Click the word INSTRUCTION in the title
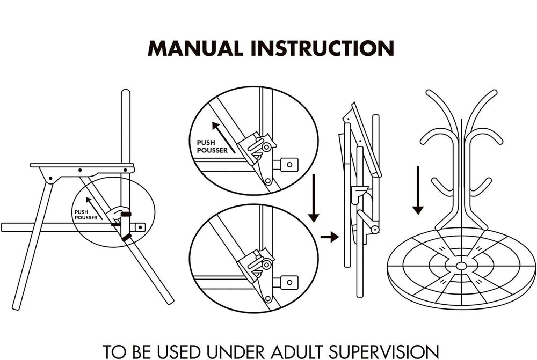pos(322,48)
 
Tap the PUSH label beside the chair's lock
pos(82,212)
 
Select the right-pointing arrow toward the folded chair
pos(330,236)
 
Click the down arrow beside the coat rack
pos(418,190)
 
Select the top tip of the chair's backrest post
pos(125,93)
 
